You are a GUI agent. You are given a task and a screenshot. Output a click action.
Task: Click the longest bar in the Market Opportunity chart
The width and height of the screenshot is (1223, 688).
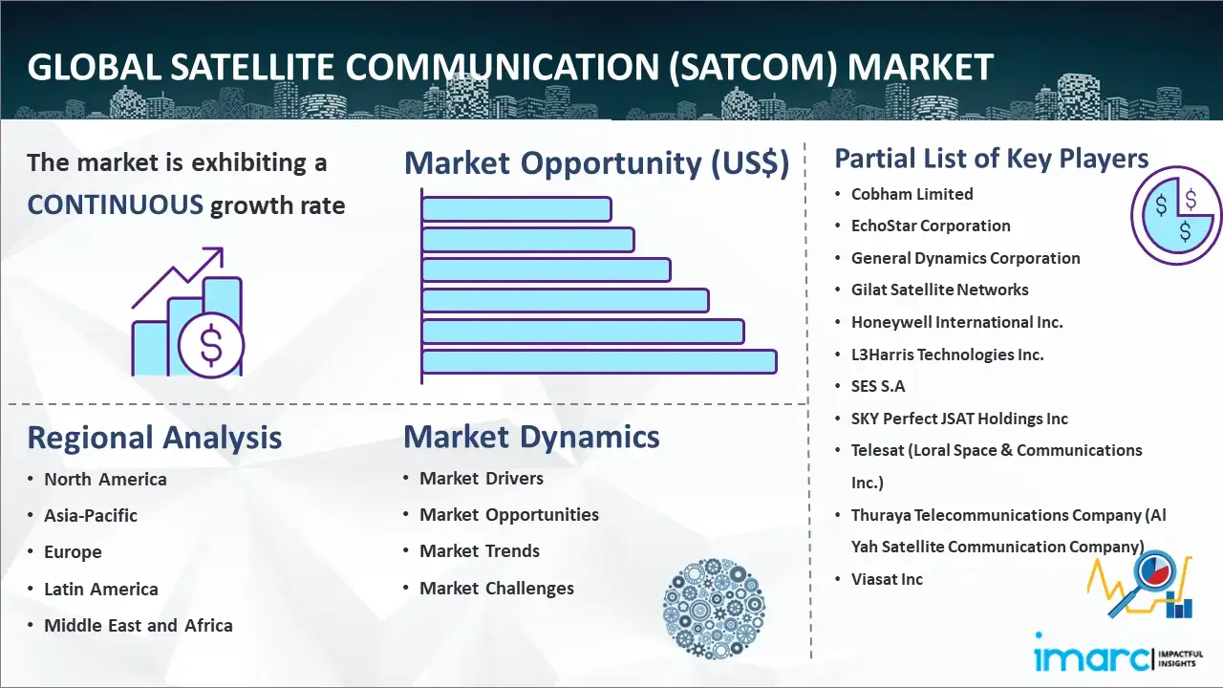(599, 362)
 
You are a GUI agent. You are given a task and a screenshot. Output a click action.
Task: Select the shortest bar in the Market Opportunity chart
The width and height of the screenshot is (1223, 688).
(517, 209)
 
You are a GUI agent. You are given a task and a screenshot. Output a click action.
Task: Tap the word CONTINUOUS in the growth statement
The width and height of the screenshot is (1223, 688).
(116, 205)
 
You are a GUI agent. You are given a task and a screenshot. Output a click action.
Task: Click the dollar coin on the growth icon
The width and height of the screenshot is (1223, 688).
(211, 345)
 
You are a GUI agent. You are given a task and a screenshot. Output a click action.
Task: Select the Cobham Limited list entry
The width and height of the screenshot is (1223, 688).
(912, 194)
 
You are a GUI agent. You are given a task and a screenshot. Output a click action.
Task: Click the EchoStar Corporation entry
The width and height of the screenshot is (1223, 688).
(931, 226)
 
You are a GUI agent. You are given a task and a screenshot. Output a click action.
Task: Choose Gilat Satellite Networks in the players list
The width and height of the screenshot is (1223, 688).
(939, 290)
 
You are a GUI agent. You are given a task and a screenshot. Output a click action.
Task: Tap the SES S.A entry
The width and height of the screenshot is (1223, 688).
(878, 386)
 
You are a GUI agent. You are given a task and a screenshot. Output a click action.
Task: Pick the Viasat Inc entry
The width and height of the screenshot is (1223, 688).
(887, 579)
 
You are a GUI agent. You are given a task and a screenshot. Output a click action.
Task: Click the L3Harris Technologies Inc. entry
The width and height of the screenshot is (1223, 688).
(947, 355)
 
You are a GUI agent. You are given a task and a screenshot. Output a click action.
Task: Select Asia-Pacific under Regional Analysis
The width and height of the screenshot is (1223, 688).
(91, 515)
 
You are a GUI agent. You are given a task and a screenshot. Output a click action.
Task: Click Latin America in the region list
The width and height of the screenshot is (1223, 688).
(101, 590)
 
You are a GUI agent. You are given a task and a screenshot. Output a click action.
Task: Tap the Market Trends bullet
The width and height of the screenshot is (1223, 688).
(480, 551)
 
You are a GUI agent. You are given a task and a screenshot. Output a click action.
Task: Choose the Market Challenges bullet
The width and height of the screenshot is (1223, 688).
(496, 588)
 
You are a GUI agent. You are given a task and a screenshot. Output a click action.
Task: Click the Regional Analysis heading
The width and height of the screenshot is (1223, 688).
(155, 438)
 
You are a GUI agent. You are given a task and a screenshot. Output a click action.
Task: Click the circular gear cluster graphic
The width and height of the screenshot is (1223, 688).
(714, 609)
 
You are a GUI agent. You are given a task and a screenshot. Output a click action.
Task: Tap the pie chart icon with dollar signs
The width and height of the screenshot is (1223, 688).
(1176, 216)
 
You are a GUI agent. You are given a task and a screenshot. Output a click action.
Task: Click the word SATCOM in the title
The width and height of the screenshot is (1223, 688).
(753, 67)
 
